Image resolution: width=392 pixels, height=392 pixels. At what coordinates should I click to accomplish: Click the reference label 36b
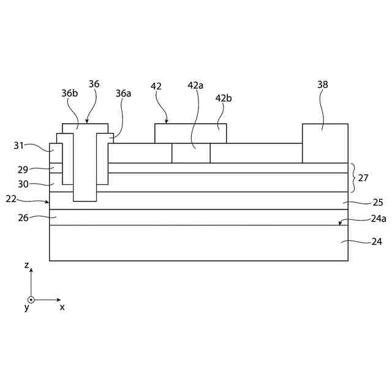pyautogui.click(x=69, y=94)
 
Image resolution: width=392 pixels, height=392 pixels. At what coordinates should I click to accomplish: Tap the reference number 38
pyautogui.click(x=323, y=85)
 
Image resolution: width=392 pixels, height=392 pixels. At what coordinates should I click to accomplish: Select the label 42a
pyautogui.click(x=195, y=85)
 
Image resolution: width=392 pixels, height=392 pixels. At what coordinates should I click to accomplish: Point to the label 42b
pyautogui.click(x=224, y=98)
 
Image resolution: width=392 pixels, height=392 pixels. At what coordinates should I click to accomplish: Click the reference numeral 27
pyautogui.click(x=363, y=178)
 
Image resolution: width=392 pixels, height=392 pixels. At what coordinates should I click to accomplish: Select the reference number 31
pyautogui.click(x=20, y=146)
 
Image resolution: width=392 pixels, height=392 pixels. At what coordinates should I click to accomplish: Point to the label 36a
pyautogui.click(x=123, y=94)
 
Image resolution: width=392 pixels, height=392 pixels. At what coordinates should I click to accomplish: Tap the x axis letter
pyautogui.click(x=62, y=307)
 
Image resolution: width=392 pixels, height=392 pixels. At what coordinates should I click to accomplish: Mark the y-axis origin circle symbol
pyautogui.click(x=31, y=300)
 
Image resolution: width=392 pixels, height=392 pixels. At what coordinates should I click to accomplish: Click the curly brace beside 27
pyautogui.click(x=353, y=178)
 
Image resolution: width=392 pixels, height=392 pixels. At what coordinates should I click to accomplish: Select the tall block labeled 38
pyautogui.click(x=325, y=143)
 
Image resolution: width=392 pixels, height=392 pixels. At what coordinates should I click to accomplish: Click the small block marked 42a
pyautogui.click(x=190, y=153)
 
